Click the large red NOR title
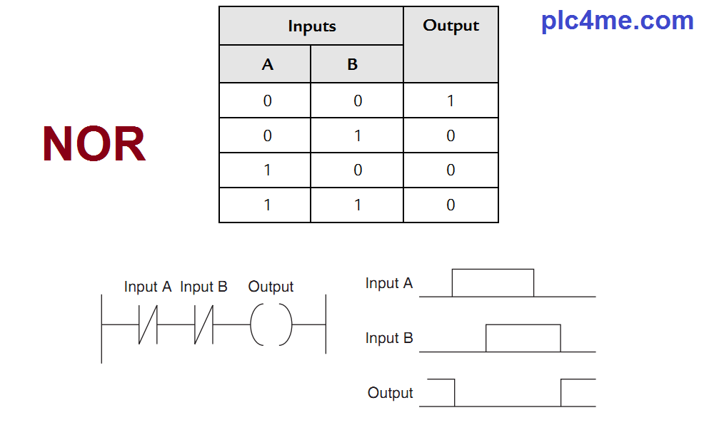tap(94, 144)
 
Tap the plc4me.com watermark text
tap(617, 21)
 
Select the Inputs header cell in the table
tap(311, 26)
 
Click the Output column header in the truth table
tap(451, 26)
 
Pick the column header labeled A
tap(267, 65)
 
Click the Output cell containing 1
tap(451, 101)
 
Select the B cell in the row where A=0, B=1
tap(358, 135)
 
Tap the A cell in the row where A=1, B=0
tap(267, 170)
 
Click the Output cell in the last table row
tap(451, 205)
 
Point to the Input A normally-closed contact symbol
tap(147, 324)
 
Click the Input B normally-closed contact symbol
tap(203, 324)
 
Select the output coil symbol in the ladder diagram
tap(271, 324)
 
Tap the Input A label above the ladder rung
tap(148, 287)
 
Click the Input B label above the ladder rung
tap(203, 287)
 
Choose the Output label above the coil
tap(271, 287)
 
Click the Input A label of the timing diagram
tap(389, 283)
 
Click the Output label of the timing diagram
tap(391, 393)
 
